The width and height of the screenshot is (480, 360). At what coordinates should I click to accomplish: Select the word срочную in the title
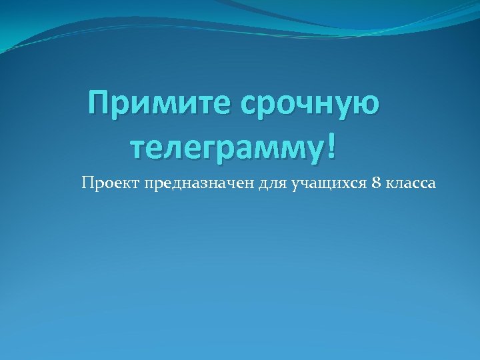(x=306, y=105)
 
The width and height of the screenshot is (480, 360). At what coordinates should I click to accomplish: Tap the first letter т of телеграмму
(x=137, y=146)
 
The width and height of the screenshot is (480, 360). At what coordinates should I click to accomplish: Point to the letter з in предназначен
(x=187, y=183)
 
